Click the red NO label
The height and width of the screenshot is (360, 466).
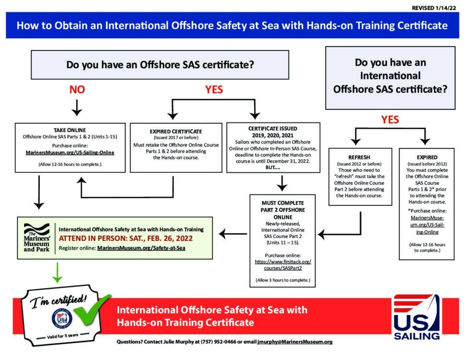point(77,89)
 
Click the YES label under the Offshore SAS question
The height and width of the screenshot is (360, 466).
point(214,89)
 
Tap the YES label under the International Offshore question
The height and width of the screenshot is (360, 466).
point(390,120)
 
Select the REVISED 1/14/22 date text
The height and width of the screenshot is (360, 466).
point(434,8)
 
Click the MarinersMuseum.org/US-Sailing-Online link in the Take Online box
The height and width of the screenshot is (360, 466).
point(70,152)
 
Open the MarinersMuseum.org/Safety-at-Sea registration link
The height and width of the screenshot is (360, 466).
point(141,248)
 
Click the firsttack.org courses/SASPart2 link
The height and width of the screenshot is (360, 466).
point(283,265)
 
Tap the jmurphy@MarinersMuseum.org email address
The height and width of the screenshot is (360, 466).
point(295,342)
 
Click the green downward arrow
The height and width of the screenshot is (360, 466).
point(57,272)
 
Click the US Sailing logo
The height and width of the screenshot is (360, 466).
point(417,317)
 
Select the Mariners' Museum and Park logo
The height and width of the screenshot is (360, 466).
point(37,238)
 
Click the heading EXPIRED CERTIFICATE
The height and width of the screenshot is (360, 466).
point(176,132)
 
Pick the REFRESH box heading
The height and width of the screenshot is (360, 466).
point(359,157)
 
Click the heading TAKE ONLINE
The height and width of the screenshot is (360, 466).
point(70,130)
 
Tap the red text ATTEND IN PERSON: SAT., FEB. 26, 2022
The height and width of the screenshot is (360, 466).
point(126,238)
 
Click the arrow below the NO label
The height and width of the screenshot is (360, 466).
point(77,108)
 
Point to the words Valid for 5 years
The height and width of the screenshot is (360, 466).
point(62,336)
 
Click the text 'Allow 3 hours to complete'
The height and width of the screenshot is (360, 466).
point(283,280)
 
